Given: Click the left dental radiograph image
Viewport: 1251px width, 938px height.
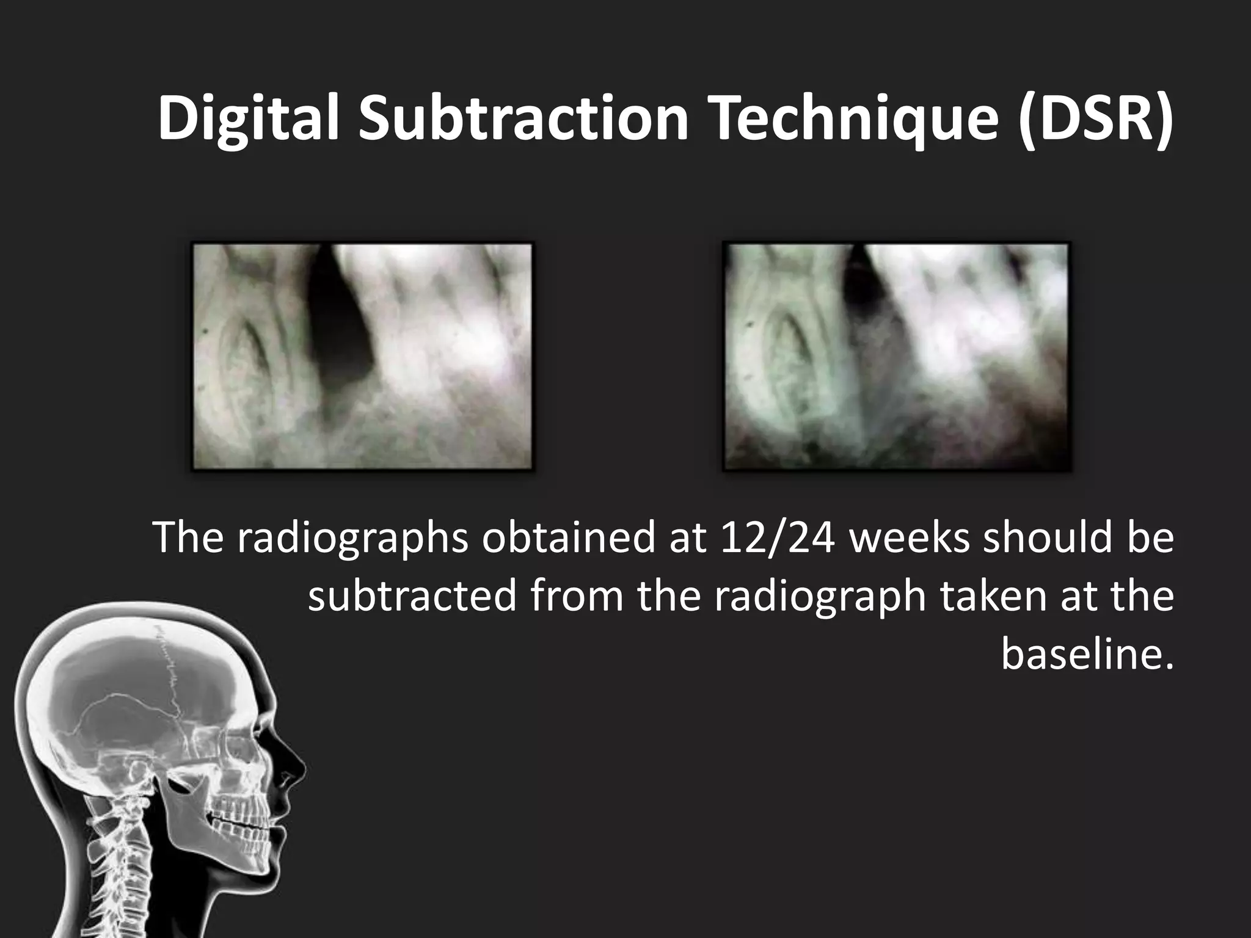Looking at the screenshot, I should point(362,357).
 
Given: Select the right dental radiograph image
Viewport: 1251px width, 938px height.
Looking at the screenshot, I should point(896,357).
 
